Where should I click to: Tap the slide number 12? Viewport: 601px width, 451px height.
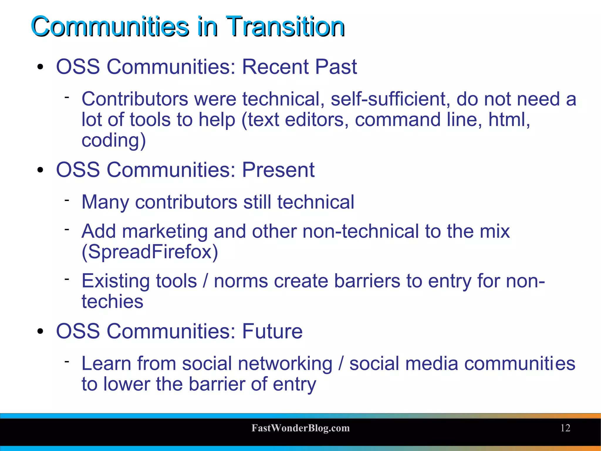[x=565, y=428]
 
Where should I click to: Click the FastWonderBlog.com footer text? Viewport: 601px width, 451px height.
[x=300, y=428]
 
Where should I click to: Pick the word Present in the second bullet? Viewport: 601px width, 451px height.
[x=278, y=170]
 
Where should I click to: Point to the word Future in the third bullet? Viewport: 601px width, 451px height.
[x=272, y=331]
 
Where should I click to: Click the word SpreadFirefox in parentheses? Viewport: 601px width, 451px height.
[x=150, y=252]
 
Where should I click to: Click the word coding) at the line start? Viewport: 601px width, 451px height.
[x=114, y=140]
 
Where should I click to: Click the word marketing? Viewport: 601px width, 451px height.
[x=165, y=231]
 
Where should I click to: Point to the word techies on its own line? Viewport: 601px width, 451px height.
[x=112, y=301]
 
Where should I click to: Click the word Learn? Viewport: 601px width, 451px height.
[x=106, y=363]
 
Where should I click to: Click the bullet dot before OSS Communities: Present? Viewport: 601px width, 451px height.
[x=40, y=170]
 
